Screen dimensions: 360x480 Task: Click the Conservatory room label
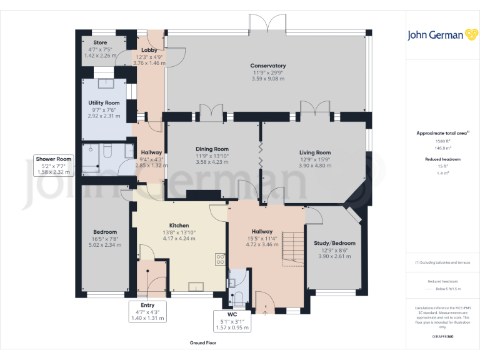pos(267,66)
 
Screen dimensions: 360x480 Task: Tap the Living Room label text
pos(315,152)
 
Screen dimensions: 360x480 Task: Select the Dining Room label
pos(212,149)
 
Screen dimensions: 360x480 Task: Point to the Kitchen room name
pos(179,226)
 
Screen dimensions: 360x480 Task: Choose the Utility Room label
pos(104,102)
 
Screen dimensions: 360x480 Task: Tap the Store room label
pos(100,42)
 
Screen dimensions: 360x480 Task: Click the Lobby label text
pos(149,50)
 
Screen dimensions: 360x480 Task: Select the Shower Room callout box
pos(54,166)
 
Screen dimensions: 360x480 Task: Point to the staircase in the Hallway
pos(289,248)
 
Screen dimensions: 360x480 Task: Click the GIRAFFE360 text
pos(442,336)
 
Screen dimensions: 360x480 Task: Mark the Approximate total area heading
pos(442,133)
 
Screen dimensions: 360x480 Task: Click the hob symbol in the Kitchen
pos(221,259)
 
